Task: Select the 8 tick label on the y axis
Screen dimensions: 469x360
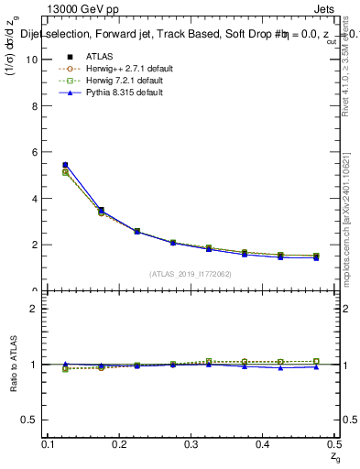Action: point(34,106)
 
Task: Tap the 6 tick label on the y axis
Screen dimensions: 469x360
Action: point(34,152)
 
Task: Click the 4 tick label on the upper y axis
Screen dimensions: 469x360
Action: point(34,199)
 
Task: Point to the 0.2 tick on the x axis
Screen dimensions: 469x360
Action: point(120,444)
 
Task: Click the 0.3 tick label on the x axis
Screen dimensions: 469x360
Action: point(191,444)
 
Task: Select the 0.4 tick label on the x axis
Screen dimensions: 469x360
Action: point(263,444)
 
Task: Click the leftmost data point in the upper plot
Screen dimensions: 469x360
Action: point(64,165)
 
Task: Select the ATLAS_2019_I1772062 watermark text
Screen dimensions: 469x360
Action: point(191,274)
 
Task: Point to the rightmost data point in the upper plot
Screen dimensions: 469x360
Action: point(316,256)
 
